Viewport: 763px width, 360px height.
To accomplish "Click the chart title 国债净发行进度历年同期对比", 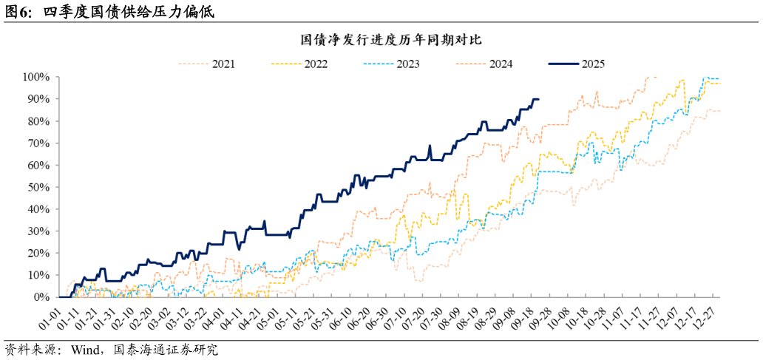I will coord(381,38).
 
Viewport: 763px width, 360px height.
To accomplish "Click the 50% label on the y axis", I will coord(38,187).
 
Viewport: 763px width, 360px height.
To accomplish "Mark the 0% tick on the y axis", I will coord(41,296).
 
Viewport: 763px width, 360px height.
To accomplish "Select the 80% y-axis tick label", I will coord(38,121).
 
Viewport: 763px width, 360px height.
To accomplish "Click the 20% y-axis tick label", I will coord(38,253).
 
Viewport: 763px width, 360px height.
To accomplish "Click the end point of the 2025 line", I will coord(538,99).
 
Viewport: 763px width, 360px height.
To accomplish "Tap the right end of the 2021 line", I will coord(721,111).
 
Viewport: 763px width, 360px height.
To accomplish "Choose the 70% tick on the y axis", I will coord(38,143).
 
